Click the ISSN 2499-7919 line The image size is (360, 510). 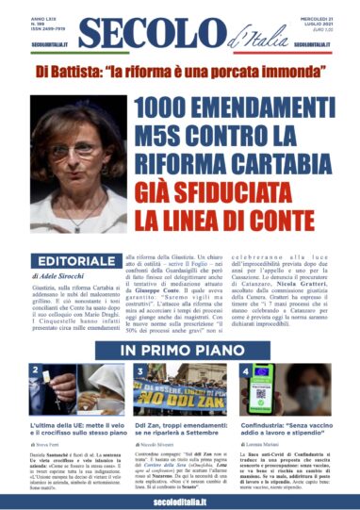(51, 29)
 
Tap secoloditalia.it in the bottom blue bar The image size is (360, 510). (180, 499)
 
